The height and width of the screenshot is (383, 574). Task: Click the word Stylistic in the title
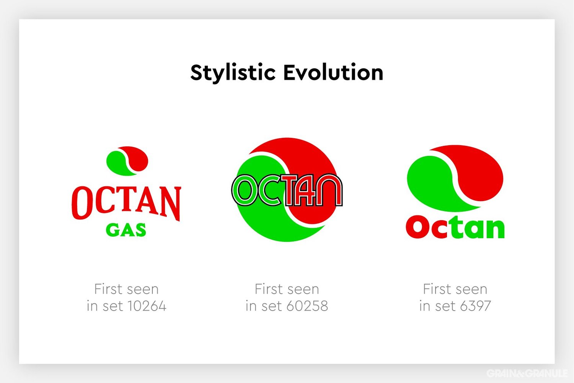click(233, 73)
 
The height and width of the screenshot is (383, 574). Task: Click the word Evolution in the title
click(333, 73)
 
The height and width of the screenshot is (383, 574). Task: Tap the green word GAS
click(126, 230)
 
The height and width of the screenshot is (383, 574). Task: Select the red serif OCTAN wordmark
click(126, 202)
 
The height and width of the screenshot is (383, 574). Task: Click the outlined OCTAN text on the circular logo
click(287, 190)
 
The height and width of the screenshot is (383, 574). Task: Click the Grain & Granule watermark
click(527, 373)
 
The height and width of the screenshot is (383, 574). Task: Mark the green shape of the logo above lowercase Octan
click(429, 184)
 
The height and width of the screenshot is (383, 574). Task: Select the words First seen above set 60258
click(287, 289)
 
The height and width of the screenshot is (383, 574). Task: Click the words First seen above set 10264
click(126, 289)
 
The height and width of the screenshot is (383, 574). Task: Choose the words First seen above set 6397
click(455, 289)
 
